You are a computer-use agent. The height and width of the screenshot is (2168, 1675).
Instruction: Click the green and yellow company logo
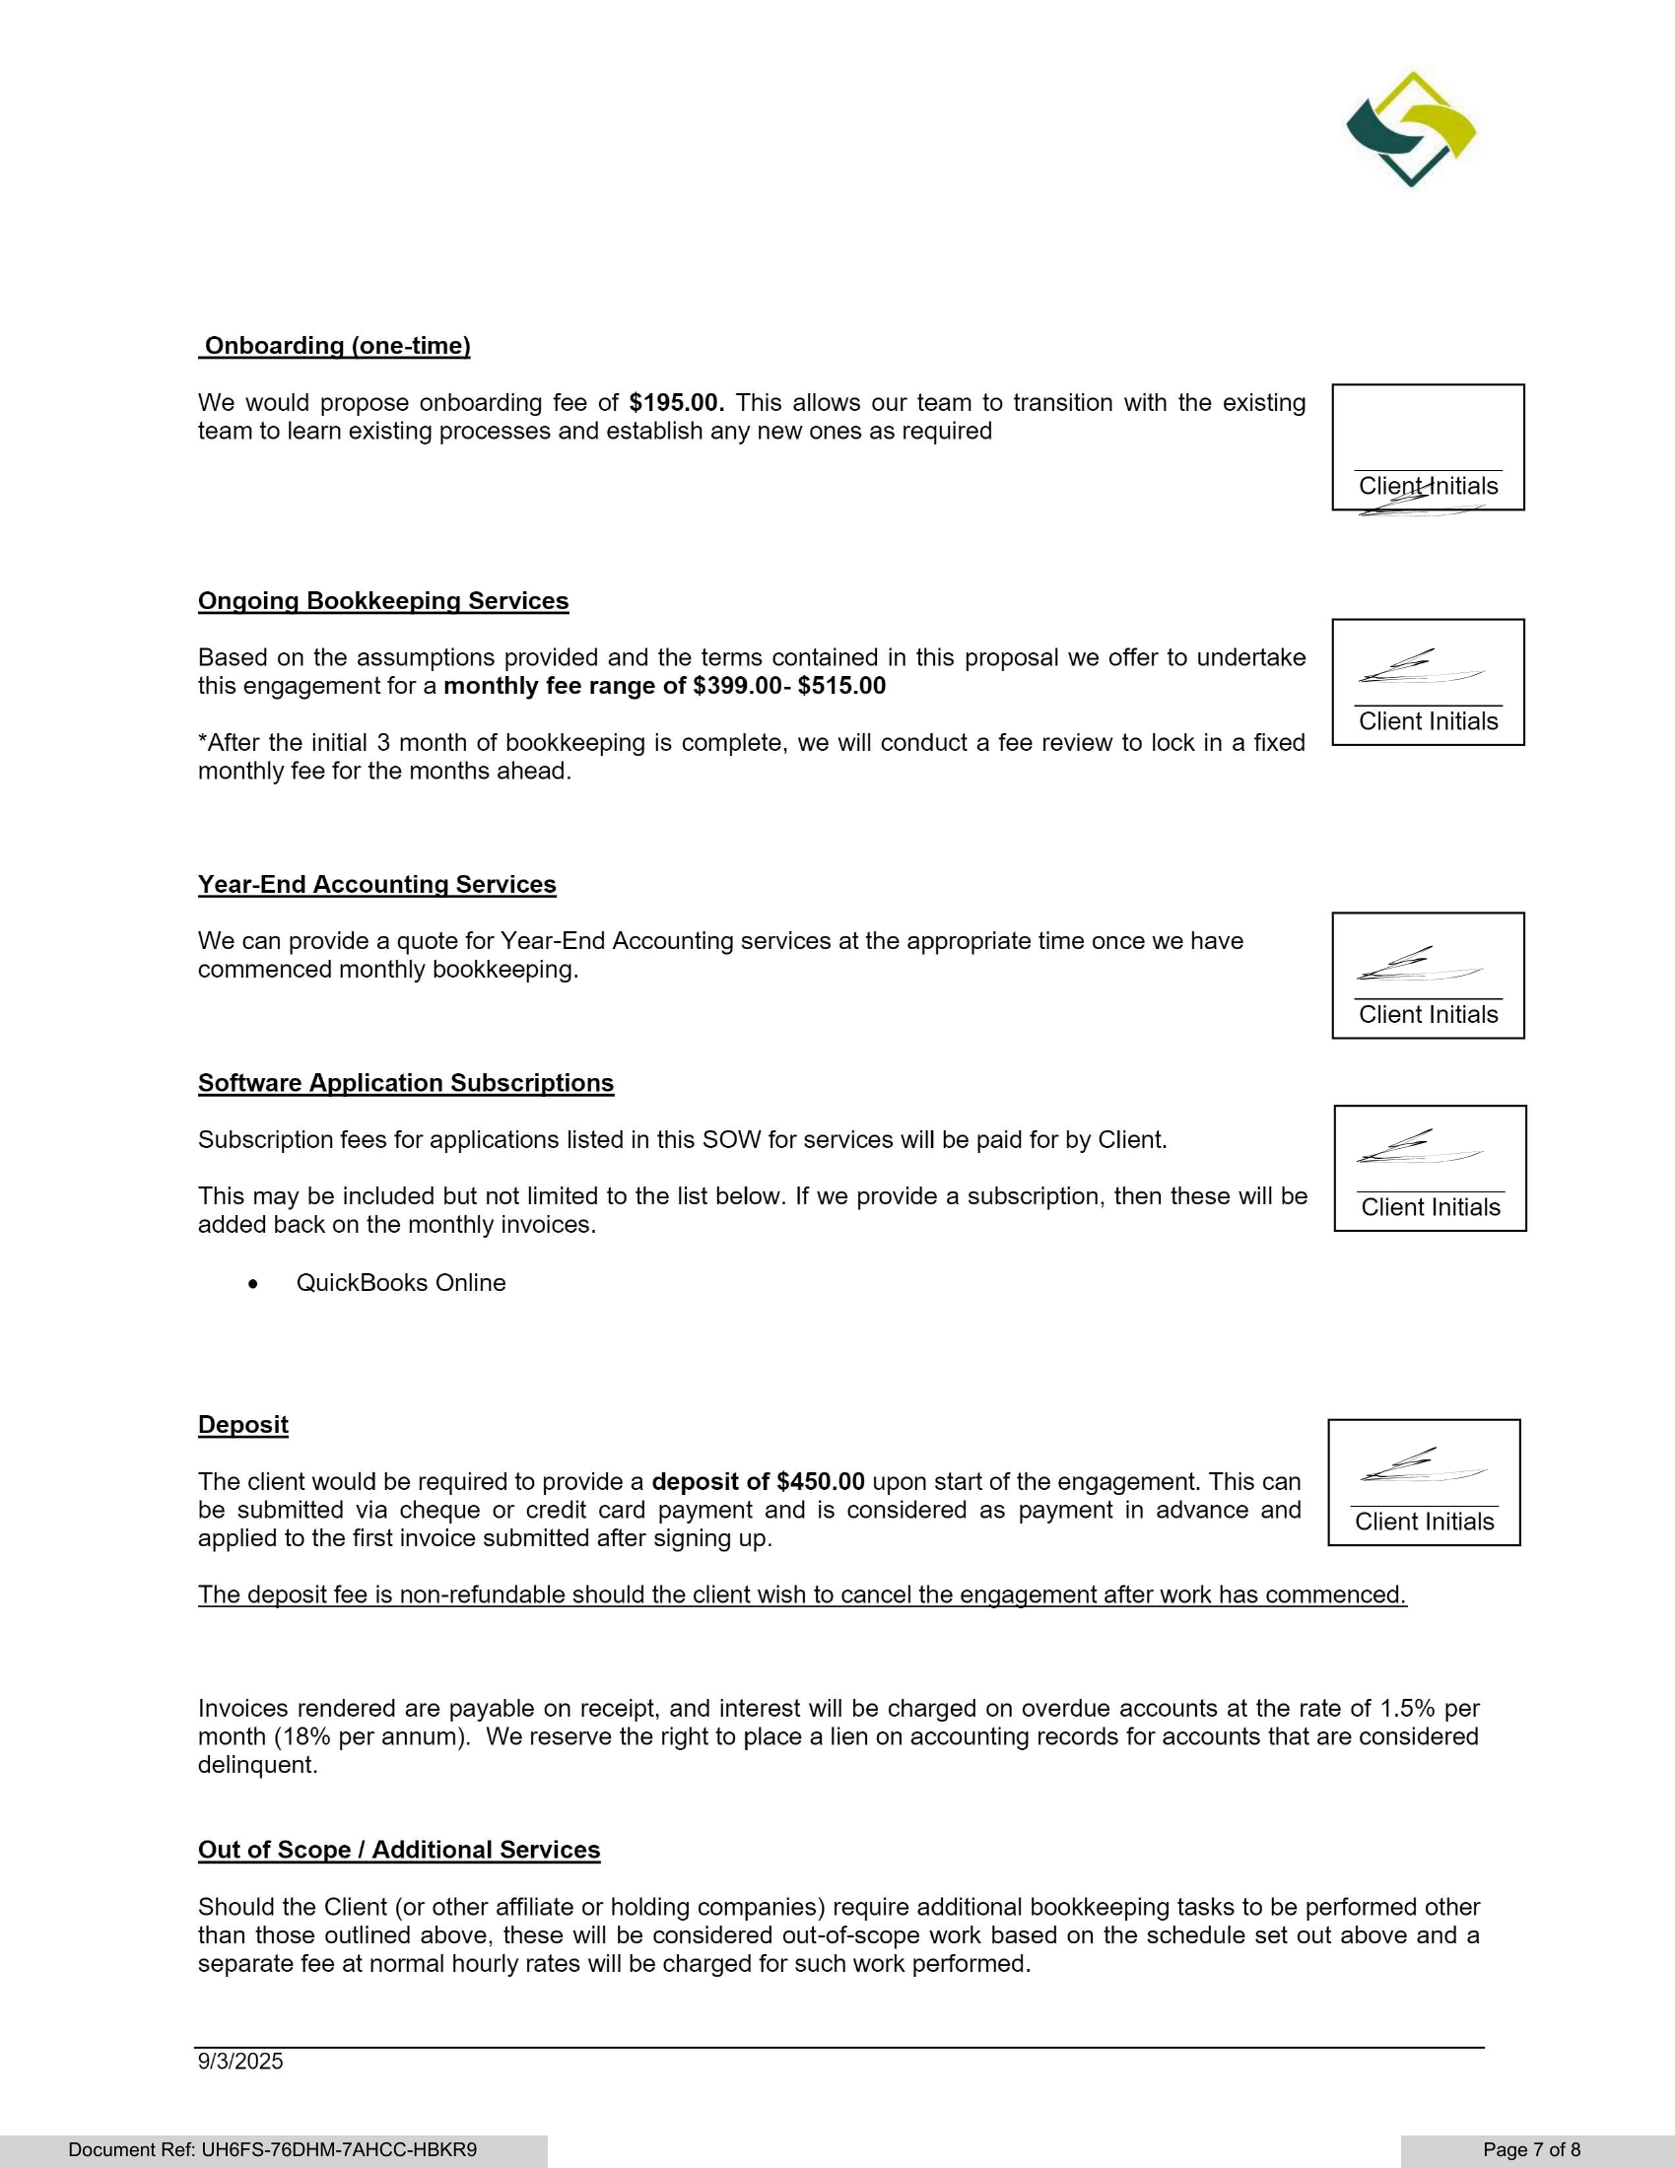[x=1410, y=129]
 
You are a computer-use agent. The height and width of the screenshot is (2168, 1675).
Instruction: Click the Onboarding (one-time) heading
[x=335, y=346]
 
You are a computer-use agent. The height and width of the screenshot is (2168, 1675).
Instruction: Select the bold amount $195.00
[x=676, y=403]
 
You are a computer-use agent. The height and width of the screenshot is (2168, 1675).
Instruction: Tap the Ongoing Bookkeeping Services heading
[x=383, y=600]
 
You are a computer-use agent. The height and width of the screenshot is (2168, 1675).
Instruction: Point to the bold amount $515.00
[x=841, y=686]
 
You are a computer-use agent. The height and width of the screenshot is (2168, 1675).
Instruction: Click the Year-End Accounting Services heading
[x=377, y=885]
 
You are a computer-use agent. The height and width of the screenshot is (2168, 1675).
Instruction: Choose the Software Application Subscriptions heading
[x=406, y=1083]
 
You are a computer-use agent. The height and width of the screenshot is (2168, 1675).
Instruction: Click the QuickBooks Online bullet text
[x=401, y=1282]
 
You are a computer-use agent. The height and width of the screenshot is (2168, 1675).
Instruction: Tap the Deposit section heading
[x=243, y=1425]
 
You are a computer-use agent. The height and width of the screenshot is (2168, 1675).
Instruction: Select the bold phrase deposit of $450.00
[x=758, y=1481]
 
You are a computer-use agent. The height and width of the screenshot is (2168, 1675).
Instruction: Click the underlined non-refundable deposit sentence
[x=802, y=1594]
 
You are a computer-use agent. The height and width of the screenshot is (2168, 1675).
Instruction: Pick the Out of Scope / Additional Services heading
[x=399, y=1850]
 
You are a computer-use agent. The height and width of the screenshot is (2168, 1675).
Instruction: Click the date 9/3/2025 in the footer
[x=240, y=2061]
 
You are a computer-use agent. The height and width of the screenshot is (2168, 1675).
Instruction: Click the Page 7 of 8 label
[x=1531, y=2149]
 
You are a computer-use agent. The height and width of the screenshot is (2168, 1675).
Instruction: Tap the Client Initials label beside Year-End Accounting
[x=1428, y=1014]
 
